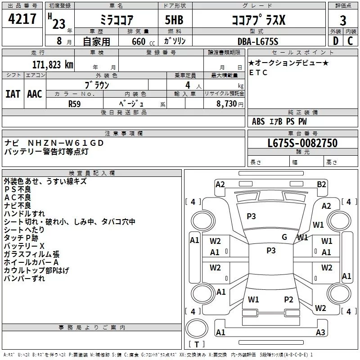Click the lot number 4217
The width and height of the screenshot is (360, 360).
tap(22, 19)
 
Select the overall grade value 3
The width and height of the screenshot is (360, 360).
tap(343, 20)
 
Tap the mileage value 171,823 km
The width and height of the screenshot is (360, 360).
tap(53, 65)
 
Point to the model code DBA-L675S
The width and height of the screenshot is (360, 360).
tap(258, 41)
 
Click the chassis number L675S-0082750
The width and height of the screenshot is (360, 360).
tap(302, 143)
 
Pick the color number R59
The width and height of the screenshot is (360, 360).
tap(74, 104)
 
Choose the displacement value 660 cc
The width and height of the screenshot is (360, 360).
tap(143, 41)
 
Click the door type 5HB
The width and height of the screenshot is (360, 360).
tap(174, 20)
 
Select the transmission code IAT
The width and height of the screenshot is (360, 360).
tap(13, 94)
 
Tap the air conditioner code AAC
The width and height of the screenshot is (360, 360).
tap(35, 94)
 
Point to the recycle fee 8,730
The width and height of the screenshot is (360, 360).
tap(226, 103)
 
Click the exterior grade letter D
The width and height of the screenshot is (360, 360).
tap(335, 41)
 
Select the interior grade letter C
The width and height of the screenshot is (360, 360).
tap(350, 41)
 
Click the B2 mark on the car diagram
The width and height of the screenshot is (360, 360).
tap(321, 184)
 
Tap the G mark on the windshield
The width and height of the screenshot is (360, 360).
tap(284, 237)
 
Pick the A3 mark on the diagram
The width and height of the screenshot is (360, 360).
tap(320, 332)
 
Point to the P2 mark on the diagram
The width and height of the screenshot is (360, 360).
tap(288, 299)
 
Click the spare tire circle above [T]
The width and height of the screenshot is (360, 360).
tap(197, 328)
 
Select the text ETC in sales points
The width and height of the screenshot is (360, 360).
tap(258, 72)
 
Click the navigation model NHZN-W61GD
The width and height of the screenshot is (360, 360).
tap(66, 143)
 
